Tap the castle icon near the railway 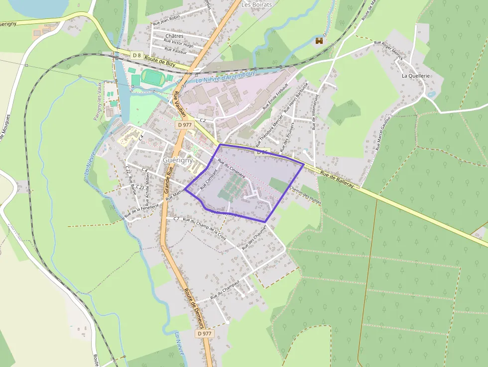[x=319, y=41]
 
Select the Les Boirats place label [x=256, y=4]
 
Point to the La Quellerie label [x=415, y=76]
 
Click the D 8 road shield [x=137, y=54]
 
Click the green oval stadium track [x=150, y=77]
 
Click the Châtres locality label [x=174, y=36]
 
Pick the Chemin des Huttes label [x=305, y=195]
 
